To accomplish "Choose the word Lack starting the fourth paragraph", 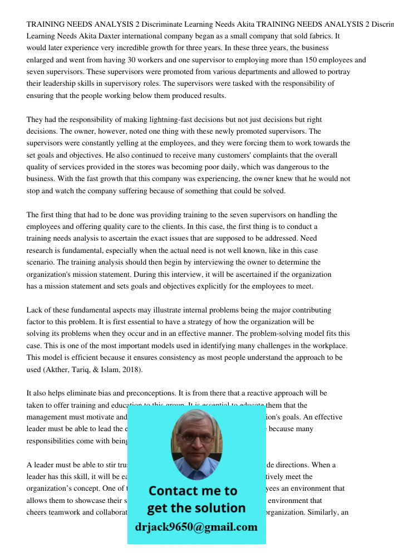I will [x=35, y=310].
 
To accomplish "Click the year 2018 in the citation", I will [x=132, y=369].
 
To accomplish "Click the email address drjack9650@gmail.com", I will [x=196, y=527].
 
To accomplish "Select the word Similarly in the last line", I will [x=317, y=512].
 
